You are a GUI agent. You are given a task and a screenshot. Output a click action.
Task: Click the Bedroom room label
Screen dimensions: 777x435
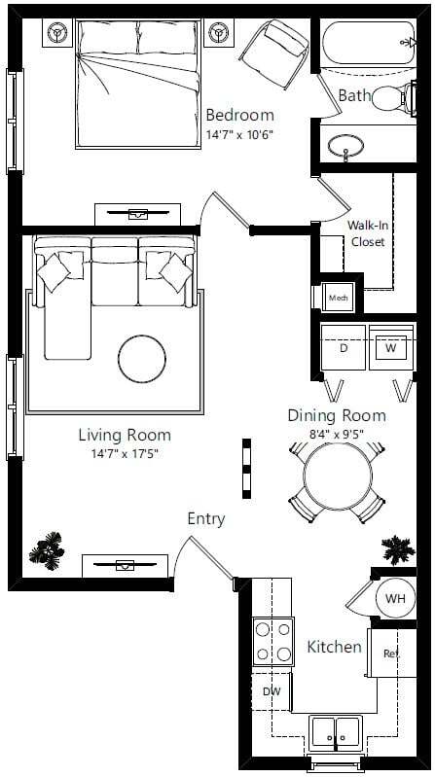pyautogui.click(x=239, y=116)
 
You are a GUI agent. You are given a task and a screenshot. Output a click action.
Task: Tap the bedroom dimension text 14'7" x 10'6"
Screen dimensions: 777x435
pyautogui.click(x=238, y=134)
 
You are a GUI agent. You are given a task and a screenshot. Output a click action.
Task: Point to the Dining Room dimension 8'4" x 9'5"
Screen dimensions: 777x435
pyautogui.click(x=336, y=433)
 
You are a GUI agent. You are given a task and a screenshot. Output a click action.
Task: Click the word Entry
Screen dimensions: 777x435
pyautogui.click(x=205, y=519)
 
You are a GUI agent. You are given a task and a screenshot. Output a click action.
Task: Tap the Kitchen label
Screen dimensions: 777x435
pyautogui.click(x=335, y=647)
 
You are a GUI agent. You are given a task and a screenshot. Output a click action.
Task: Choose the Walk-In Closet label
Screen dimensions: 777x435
pyautogui.click(x=369, y=233)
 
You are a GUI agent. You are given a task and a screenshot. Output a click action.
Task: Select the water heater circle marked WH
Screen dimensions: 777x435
pyautogui.click(x=395, y=597)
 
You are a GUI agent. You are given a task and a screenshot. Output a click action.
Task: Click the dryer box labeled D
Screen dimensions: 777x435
pyautogui.click(x=344, y=347)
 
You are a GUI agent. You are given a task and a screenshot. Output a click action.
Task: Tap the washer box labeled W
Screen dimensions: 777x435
pyautogui.click(x=391, y=347)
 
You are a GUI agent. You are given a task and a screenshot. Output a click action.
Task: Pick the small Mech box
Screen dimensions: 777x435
pyautogui.click(x=337, y=297)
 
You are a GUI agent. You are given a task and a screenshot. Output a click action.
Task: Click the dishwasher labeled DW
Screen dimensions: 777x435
pyautogui.click(x=272, y=691)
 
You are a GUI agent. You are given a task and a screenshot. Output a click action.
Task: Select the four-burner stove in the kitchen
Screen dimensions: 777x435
pyautogui.click(x=273, y=642)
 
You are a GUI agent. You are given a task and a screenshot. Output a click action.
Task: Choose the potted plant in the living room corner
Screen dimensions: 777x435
pyautogui.click(x=46, y=551)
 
